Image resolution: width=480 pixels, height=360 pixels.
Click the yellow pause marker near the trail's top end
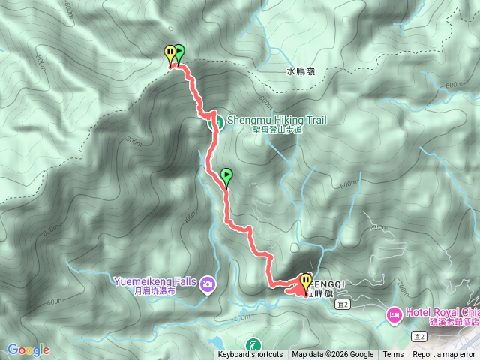pyautogui.click(x=170, y=54)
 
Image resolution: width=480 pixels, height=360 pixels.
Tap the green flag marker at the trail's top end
pyautogui.click(x=179, y=52)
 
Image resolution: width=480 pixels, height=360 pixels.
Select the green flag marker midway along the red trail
pyautogui.click(x=226, y=177)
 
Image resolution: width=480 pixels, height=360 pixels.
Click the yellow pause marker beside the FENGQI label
pyautogui.click(x=305, y=283)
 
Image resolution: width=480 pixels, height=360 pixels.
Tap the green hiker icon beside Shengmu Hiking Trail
pyautogui.click(x=214, y=122)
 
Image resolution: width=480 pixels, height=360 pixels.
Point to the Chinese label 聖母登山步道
pyautogui.click(x=277, y=130)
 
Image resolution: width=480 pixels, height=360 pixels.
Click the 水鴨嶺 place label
pyautogui.click(x=301, y=73)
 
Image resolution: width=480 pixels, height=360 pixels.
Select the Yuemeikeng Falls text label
pyautogui.click(x=155, y=282)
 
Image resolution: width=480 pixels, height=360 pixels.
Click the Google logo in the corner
pyautogui.click(x=28, y=349)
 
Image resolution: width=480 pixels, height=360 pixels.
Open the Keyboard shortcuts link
pyautogui.click(x=250, y=355)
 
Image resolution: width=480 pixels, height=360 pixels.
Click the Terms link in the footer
pyautogui.click(x=393, y=355)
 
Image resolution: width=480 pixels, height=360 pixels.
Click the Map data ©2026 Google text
pyautogui.click(x=333, y=355)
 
